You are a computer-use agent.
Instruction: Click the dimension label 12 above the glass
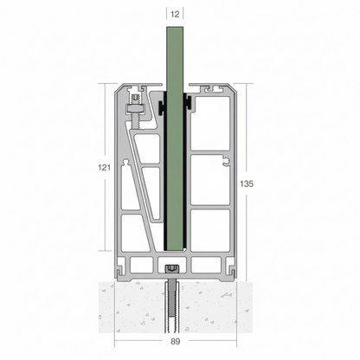[175, 14]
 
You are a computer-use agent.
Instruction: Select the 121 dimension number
[104, 167]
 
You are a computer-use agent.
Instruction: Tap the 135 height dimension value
[247, 183]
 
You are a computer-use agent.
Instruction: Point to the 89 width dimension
[175, 342]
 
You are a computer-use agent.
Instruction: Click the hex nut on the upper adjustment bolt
[134, 109]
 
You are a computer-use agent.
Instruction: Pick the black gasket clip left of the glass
[161, 108]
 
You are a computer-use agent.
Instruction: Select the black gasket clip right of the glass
[189, 103]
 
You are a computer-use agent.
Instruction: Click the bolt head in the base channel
[172, 269]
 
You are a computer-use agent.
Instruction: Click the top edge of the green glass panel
[175, 28]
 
